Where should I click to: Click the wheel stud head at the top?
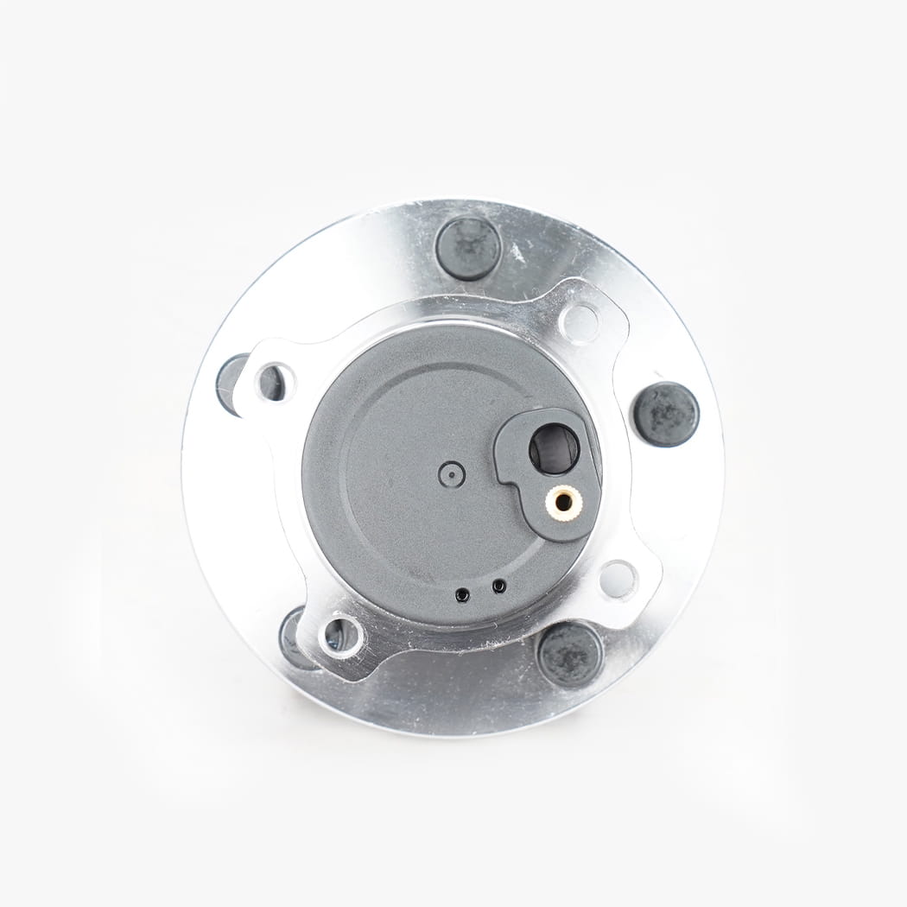(468, 248)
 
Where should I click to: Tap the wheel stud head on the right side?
(665, 414)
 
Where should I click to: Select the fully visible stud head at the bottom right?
(569, 654)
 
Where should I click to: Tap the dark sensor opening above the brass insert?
(554, 448)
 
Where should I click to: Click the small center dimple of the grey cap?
(451, 473)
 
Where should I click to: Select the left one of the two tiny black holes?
(464, 593)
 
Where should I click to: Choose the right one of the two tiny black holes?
(498, 587)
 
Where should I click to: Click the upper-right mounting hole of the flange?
(580, 323)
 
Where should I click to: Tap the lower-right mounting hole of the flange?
(618, 579)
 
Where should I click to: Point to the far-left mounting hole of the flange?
(272, 382)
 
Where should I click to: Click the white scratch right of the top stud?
(517, 253)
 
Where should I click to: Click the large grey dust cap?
(397, 518)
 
